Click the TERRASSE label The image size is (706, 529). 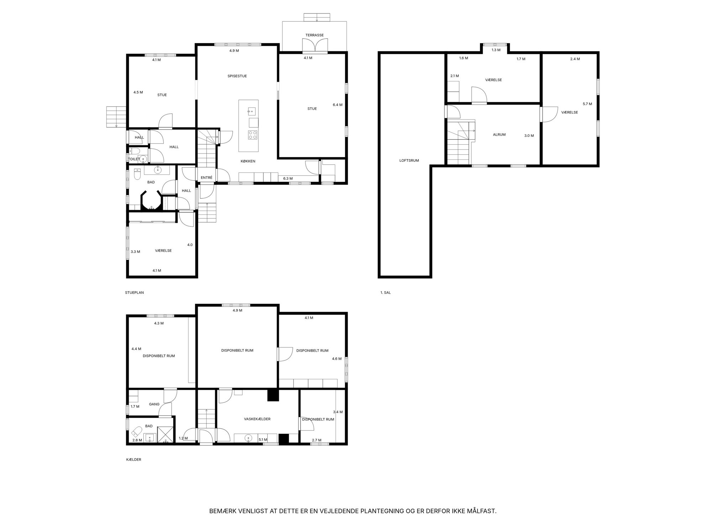(x=315, y=35)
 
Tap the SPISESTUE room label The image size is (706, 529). (x=237, y=76)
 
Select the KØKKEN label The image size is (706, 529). (x=248, y=161)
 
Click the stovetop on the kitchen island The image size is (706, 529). (x=253, y=135)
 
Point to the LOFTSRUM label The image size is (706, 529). (x=409, y=161)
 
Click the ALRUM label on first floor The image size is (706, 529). (x=499, y=135)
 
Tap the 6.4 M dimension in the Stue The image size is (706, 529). (x=338, y=105)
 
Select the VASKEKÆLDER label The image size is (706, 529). (x=257, y=419)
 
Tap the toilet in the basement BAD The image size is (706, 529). (x=136, y=432)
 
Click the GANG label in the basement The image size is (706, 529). (x=154, y=404)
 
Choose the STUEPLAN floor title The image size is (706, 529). (x=135, y=293)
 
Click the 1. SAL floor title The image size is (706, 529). (x=385, y=293)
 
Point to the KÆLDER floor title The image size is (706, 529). (x=134, y=460)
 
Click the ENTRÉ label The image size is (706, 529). (x=206, y=178)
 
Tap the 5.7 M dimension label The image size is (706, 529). (x=588, y=104)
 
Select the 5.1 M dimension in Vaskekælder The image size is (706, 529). (x=263, y=440)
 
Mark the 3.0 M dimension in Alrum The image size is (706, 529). (x=529, y=136)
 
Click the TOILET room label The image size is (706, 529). (x=134, y=159)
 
